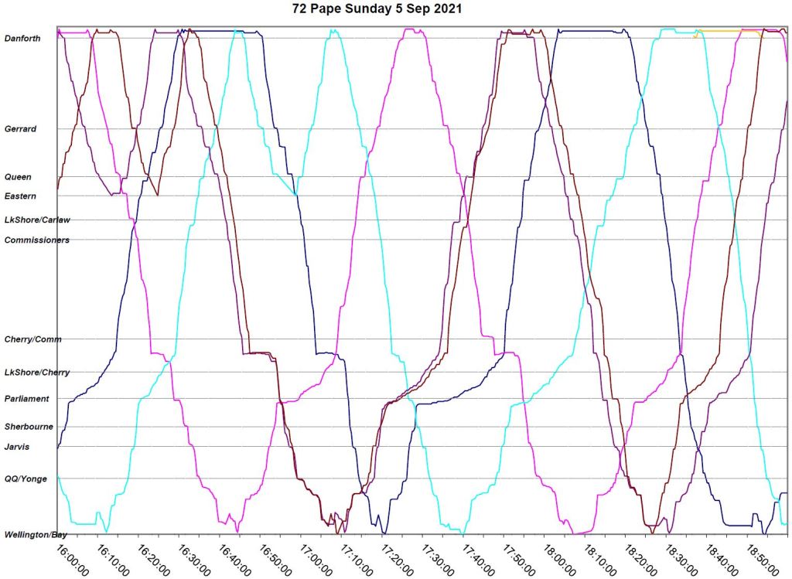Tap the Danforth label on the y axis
[22, 38]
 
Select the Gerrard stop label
[21, 129]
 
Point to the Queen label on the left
[19, 177]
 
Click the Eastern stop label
[20, 196]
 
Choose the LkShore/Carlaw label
[37, 220]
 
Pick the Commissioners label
[37, 240]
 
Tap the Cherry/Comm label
[32, 339]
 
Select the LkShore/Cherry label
[37, 373]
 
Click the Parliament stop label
[26, 399]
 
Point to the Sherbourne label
[29, 427]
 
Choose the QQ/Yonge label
[26, 479]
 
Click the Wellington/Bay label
[32, 535]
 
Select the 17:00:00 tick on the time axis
[313, 558]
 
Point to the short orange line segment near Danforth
[727, 31]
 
